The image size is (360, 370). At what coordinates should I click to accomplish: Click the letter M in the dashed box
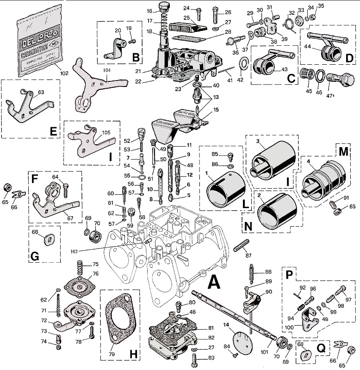343,152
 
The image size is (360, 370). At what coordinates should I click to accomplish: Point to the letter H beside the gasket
133,354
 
